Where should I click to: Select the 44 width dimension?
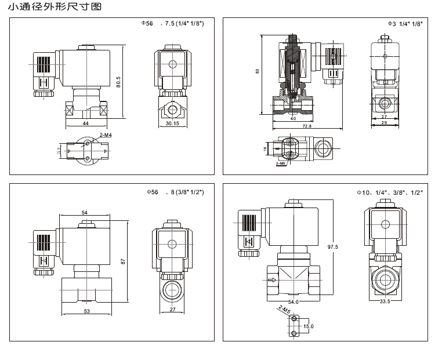(x=85, y=123)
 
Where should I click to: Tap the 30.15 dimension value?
(x=172, y=123)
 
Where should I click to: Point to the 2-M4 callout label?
(x=106, y=135)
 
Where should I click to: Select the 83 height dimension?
(x=258, y=71)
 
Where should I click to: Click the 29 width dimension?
(x=384, y=123)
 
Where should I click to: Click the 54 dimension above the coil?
(x=84, y=213)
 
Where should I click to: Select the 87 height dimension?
(x=123, y=261)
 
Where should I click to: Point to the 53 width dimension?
(x=86, y=311)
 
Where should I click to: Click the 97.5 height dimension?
(x=333, y=247)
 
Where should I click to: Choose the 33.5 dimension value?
(x=383, y=302)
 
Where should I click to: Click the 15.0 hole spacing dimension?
(x=308, y=326)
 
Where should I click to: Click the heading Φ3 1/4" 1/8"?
(x=405, y=24)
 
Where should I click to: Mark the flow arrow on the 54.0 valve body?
(x=273, y=279)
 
